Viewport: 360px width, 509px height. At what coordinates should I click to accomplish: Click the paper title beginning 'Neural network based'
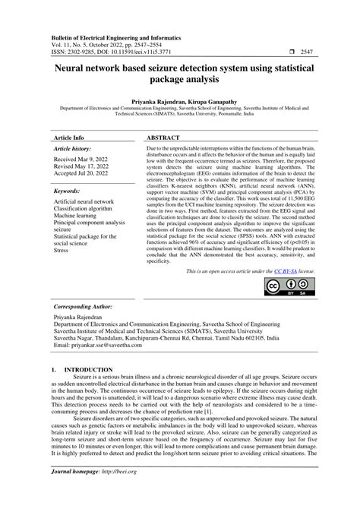tap(181, 73)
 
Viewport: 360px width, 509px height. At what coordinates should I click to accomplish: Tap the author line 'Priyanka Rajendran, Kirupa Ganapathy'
tap(180, 100)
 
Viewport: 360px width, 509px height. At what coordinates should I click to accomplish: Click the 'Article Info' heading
tap(69, 138)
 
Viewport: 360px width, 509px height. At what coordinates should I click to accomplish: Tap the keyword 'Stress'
tap(62, 248)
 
